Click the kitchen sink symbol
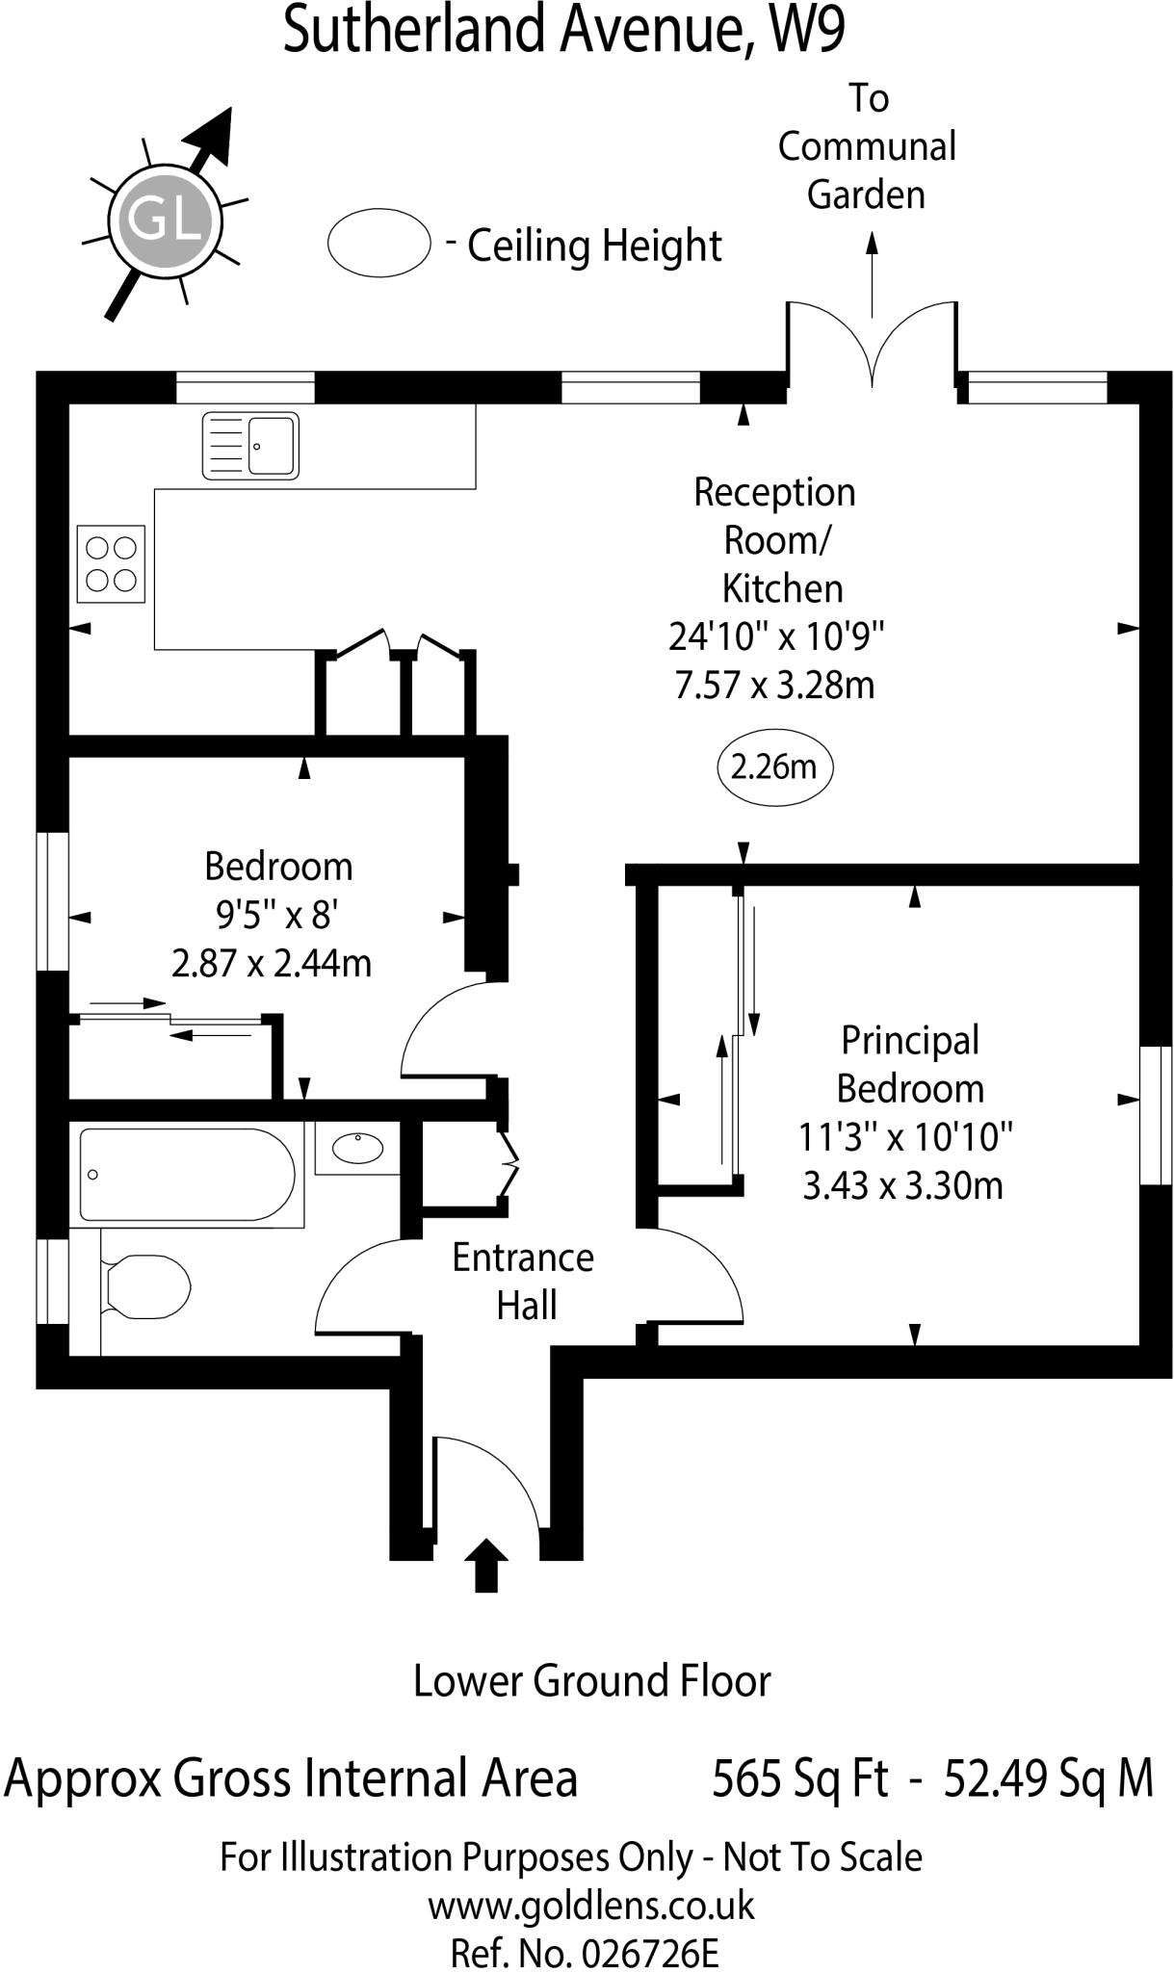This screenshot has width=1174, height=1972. pos(250,445)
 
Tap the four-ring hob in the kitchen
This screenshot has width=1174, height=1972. pos(111,563)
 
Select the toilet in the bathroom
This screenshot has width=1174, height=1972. pos(146,1286)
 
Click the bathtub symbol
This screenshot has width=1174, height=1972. pos(186,1175)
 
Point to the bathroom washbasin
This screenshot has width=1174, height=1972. pos(357,1147)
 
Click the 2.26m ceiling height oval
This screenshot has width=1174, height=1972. pos(774,767)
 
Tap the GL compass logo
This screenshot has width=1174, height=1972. pos(165,220)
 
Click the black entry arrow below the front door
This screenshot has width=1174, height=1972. pos(486,1564)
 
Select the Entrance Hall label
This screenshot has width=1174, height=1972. pos(524,1282)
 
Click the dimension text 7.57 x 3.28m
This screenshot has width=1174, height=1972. pos(774,686)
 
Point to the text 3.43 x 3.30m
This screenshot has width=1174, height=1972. pos(902,1185)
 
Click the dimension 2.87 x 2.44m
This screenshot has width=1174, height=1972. pos(272,963)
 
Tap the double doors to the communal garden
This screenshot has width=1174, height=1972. pos(872,347)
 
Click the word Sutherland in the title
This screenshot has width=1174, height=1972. pos(416,31)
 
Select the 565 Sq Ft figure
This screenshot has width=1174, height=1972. pos(799,1778)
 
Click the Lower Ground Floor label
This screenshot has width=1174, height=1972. pos(591,1681)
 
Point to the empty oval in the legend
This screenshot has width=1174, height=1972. pos(378,244)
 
